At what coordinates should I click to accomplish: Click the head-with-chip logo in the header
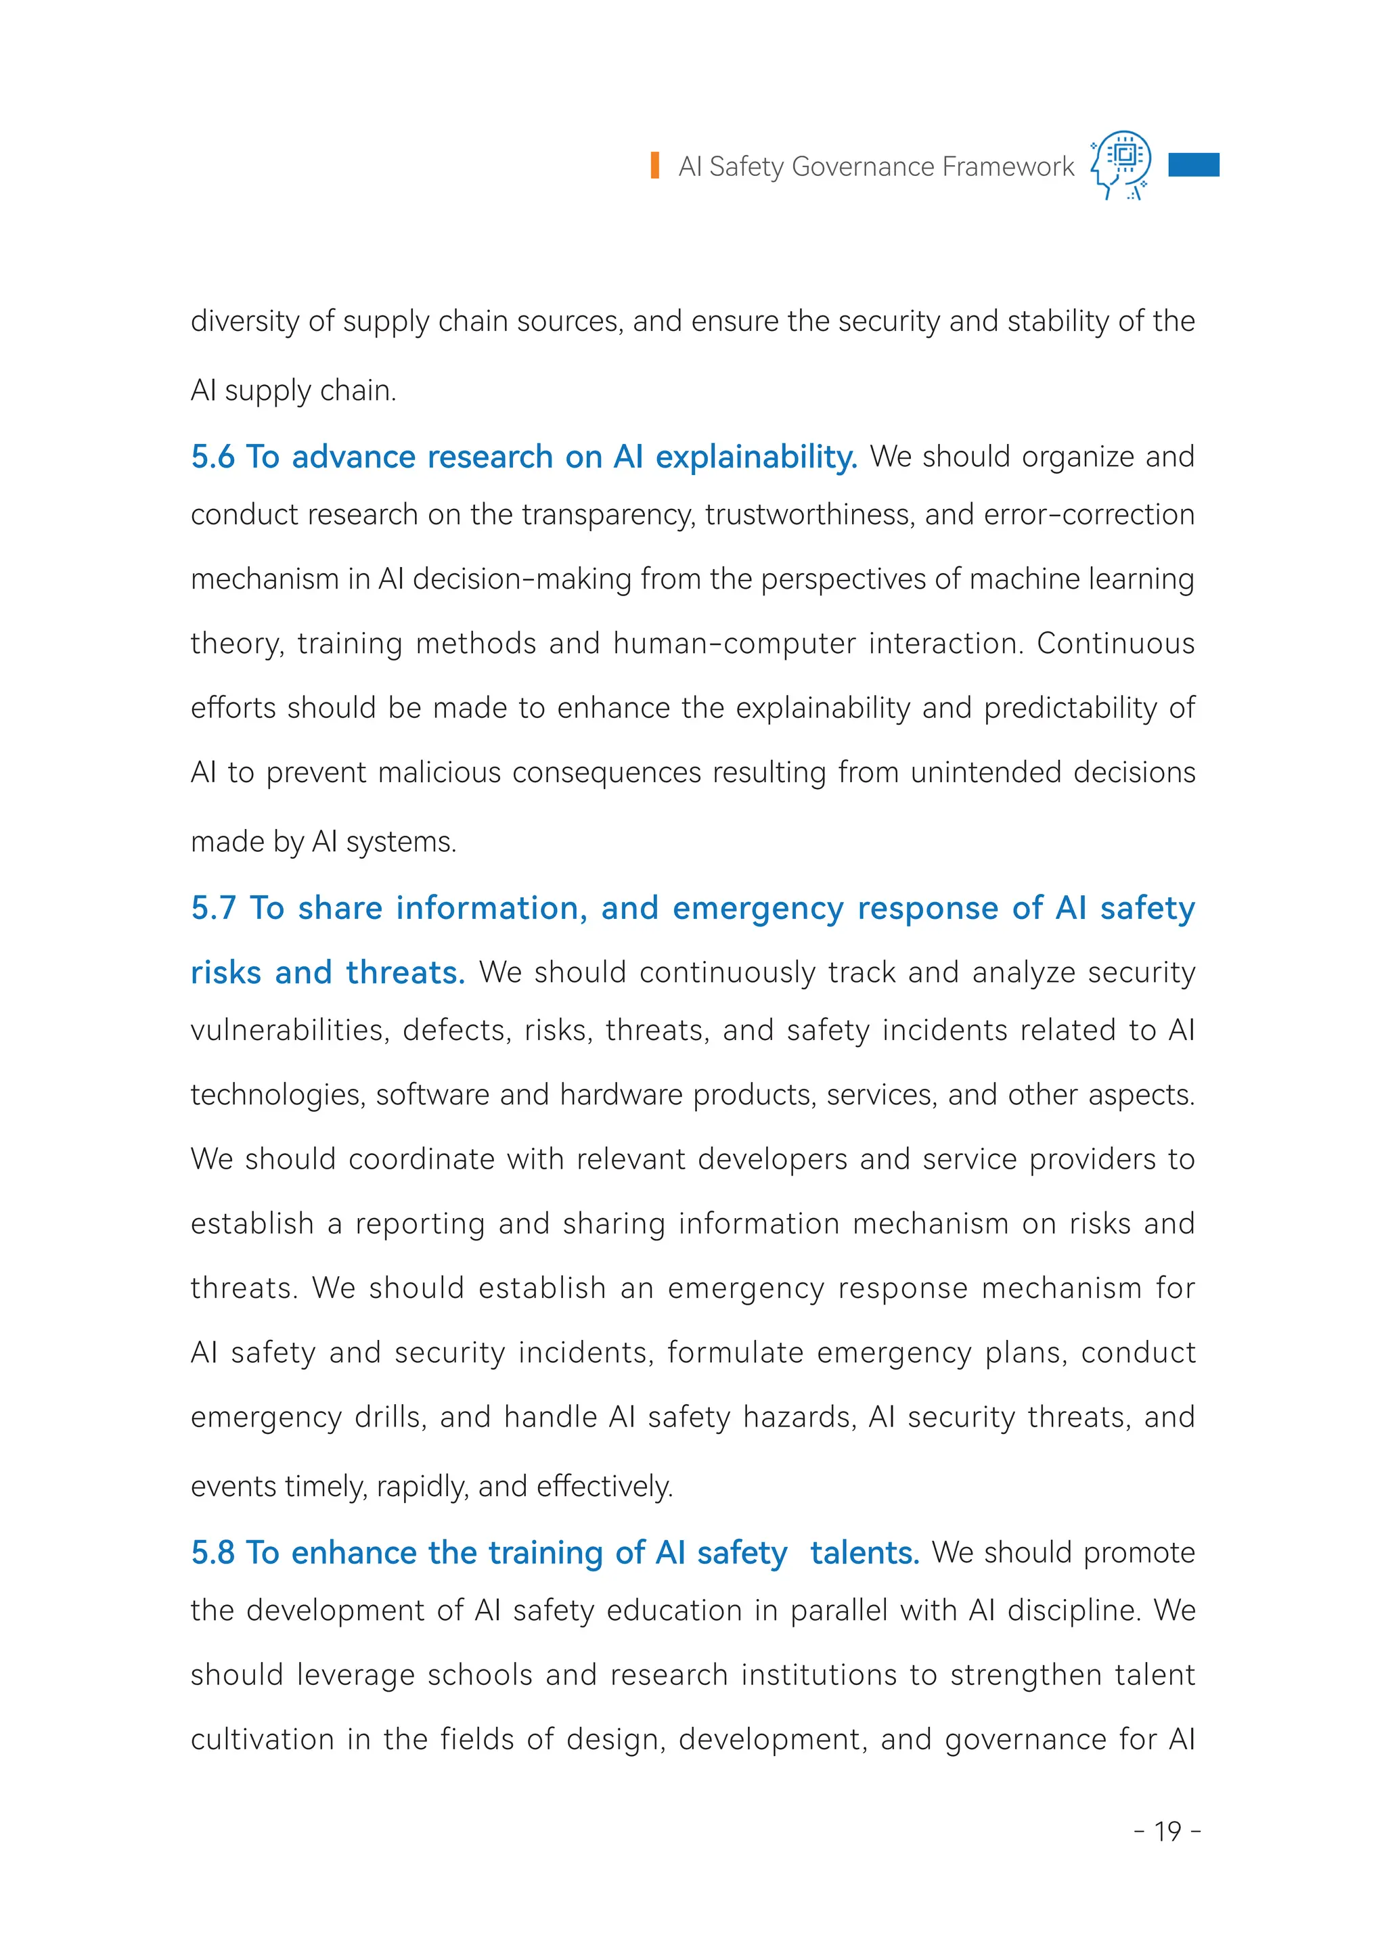pos(1121,164)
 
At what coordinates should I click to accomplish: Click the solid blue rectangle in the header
pos(1193,164)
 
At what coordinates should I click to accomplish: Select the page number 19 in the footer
pos(1167,1832)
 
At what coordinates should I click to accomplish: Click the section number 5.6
pos(213,457)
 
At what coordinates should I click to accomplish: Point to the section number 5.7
pos(213,908)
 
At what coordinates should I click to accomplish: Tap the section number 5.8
pos(213,1552)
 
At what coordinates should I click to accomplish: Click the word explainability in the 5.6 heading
pos(755,458)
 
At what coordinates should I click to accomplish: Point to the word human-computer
pos(734,644)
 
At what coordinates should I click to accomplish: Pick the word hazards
pos(800,1418)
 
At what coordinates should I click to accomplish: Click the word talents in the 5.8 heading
pos(864,1553)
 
